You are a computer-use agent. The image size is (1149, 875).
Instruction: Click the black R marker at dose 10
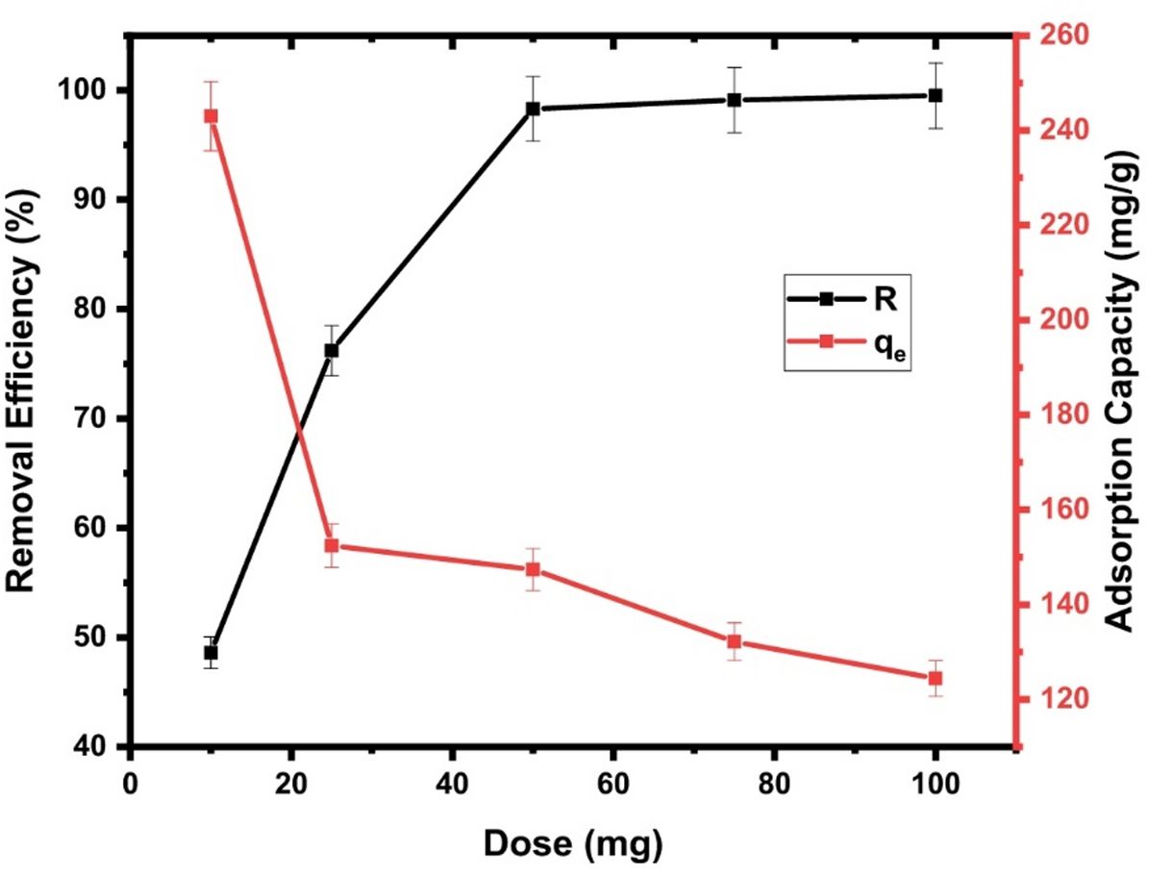point(211,653)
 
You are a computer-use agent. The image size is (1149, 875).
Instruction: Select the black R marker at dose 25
point(331,350)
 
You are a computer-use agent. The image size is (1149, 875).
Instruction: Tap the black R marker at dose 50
point(532,109)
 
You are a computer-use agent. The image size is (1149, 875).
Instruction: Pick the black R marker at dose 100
point(935,95)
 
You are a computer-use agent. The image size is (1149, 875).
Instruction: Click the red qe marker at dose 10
point(211,116)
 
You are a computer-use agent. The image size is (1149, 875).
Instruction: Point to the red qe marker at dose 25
point(331,545)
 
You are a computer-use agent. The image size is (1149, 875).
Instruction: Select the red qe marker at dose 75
point(734,641)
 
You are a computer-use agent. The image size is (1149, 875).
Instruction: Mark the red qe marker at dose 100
point(935,678)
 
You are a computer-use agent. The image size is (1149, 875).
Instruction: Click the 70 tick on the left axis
point(96,419)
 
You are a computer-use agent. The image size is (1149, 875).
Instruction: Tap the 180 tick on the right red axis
point(1056,414)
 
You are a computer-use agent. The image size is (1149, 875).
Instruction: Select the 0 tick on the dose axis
point(131,779)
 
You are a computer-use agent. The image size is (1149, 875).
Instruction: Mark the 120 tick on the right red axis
point(1056,699)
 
